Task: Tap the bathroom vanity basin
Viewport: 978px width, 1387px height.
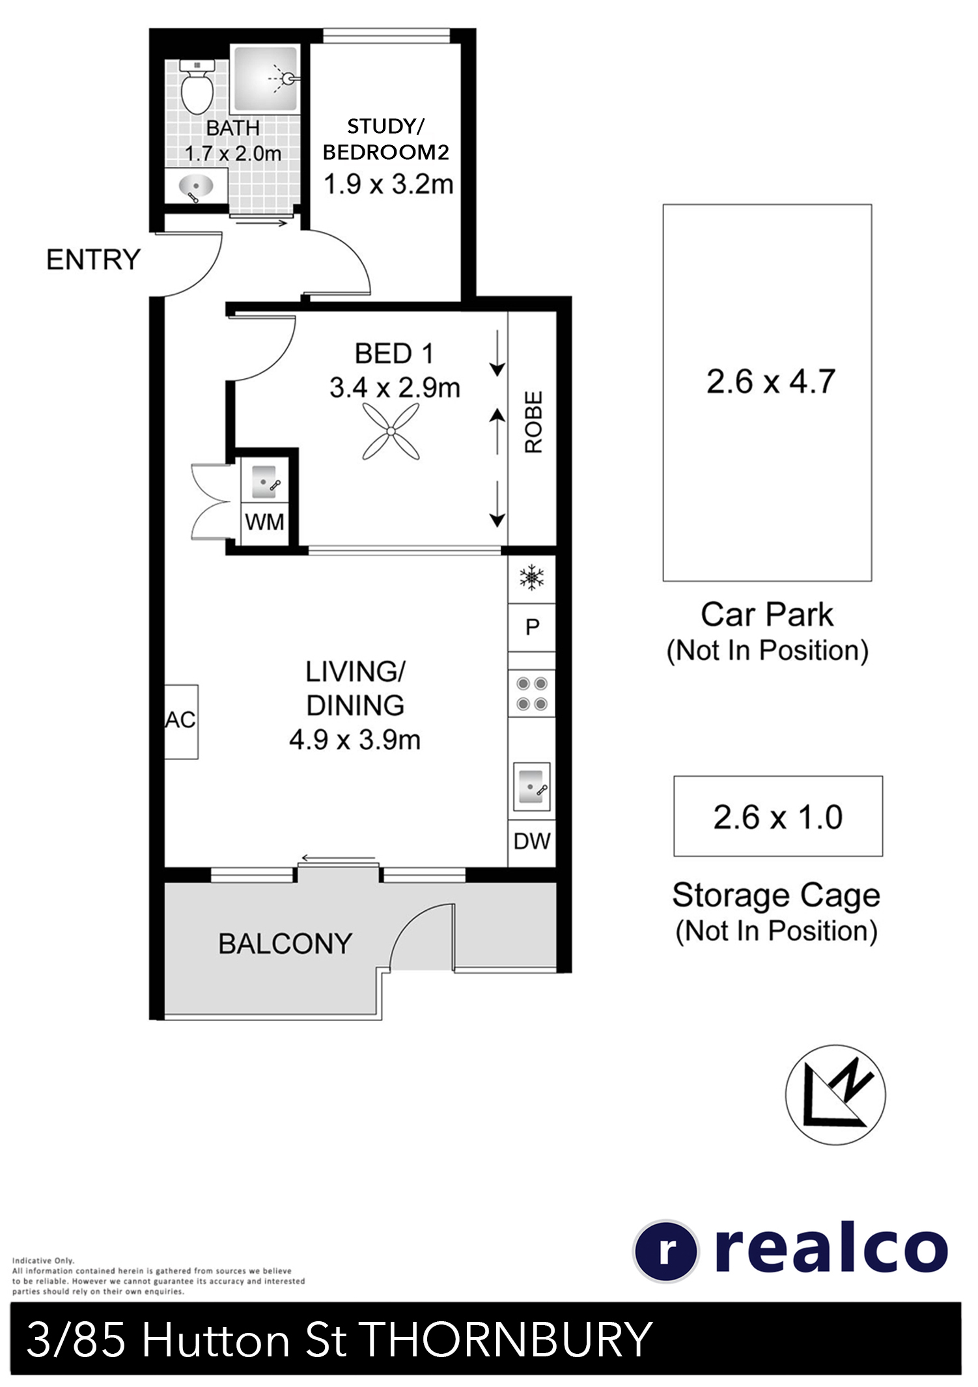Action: tap(196, 187)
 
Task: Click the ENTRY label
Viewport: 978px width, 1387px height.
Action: tap(93, 260)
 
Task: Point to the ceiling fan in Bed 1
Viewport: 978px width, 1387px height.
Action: tap(391, 431)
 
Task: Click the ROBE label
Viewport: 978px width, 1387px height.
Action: tap(533, 422)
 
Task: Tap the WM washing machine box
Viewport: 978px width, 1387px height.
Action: tap(264, 522)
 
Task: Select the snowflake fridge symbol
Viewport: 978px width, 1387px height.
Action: tap(532, 578)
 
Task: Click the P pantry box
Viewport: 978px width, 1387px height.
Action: tap(532, 627)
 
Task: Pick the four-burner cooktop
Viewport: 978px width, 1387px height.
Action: tap(532, 693)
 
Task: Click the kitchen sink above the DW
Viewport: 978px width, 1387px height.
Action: tap(532, 787)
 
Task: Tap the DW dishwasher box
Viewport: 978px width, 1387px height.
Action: tap(532, 842)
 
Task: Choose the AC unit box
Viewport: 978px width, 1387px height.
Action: tap(181, 722)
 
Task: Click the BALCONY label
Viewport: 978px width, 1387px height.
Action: tap(285, 944)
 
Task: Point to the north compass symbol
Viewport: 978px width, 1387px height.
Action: tap(835, 1095)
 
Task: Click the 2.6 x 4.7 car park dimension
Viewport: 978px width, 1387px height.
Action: tap(771, 382)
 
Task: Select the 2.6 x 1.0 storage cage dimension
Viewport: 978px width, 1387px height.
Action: tap(778, 817)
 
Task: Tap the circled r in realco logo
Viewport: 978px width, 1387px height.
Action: tap(666, 1251)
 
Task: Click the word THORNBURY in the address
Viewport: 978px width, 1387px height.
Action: tap(505, 1339)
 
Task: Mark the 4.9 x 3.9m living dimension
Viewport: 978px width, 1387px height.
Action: tap(355, 740)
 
